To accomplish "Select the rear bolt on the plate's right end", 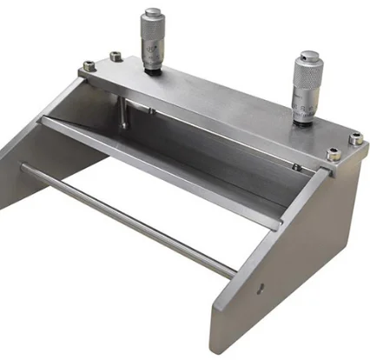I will point(354,137).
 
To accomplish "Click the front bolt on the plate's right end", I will point(333,154).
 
